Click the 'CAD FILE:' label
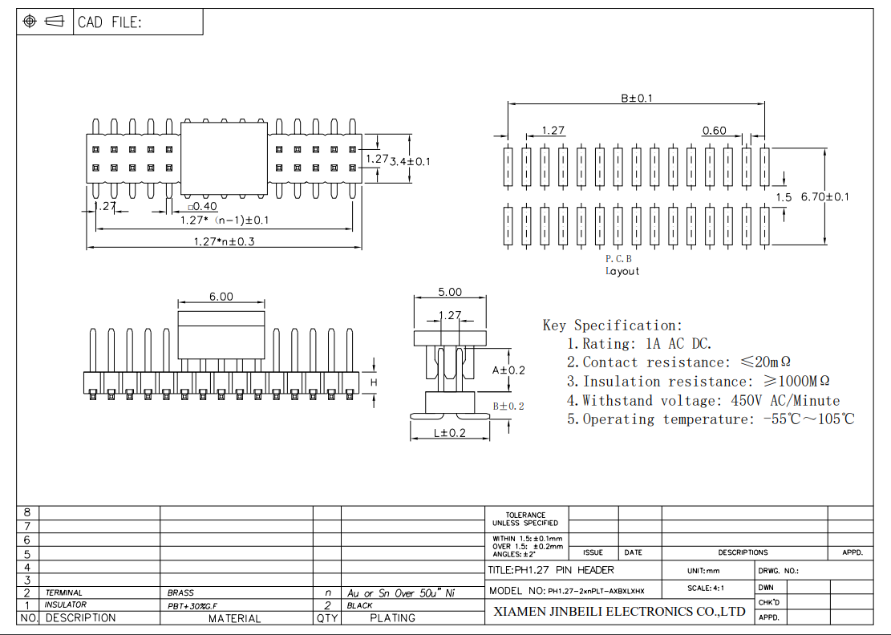point(109,22)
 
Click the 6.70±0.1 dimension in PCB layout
point(824,196)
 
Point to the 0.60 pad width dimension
point(714,131)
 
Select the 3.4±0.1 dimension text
point(410,161)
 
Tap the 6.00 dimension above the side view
point(221,297)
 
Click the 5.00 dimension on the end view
point(449,293)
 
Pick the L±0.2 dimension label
point(449,433)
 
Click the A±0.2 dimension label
point(508,370)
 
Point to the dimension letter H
point(373,383)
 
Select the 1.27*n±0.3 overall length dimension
point(224,241)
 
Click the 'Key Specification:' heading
point(613,325)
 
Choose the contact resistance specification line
point(686,362)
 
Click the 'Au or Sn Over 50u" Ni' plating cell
point(401,593)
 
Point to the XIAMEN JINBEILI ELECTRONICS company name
point(618,612)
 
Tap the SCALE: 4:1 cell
point(706,588)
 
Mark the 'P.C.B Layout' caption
point(622,265)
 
